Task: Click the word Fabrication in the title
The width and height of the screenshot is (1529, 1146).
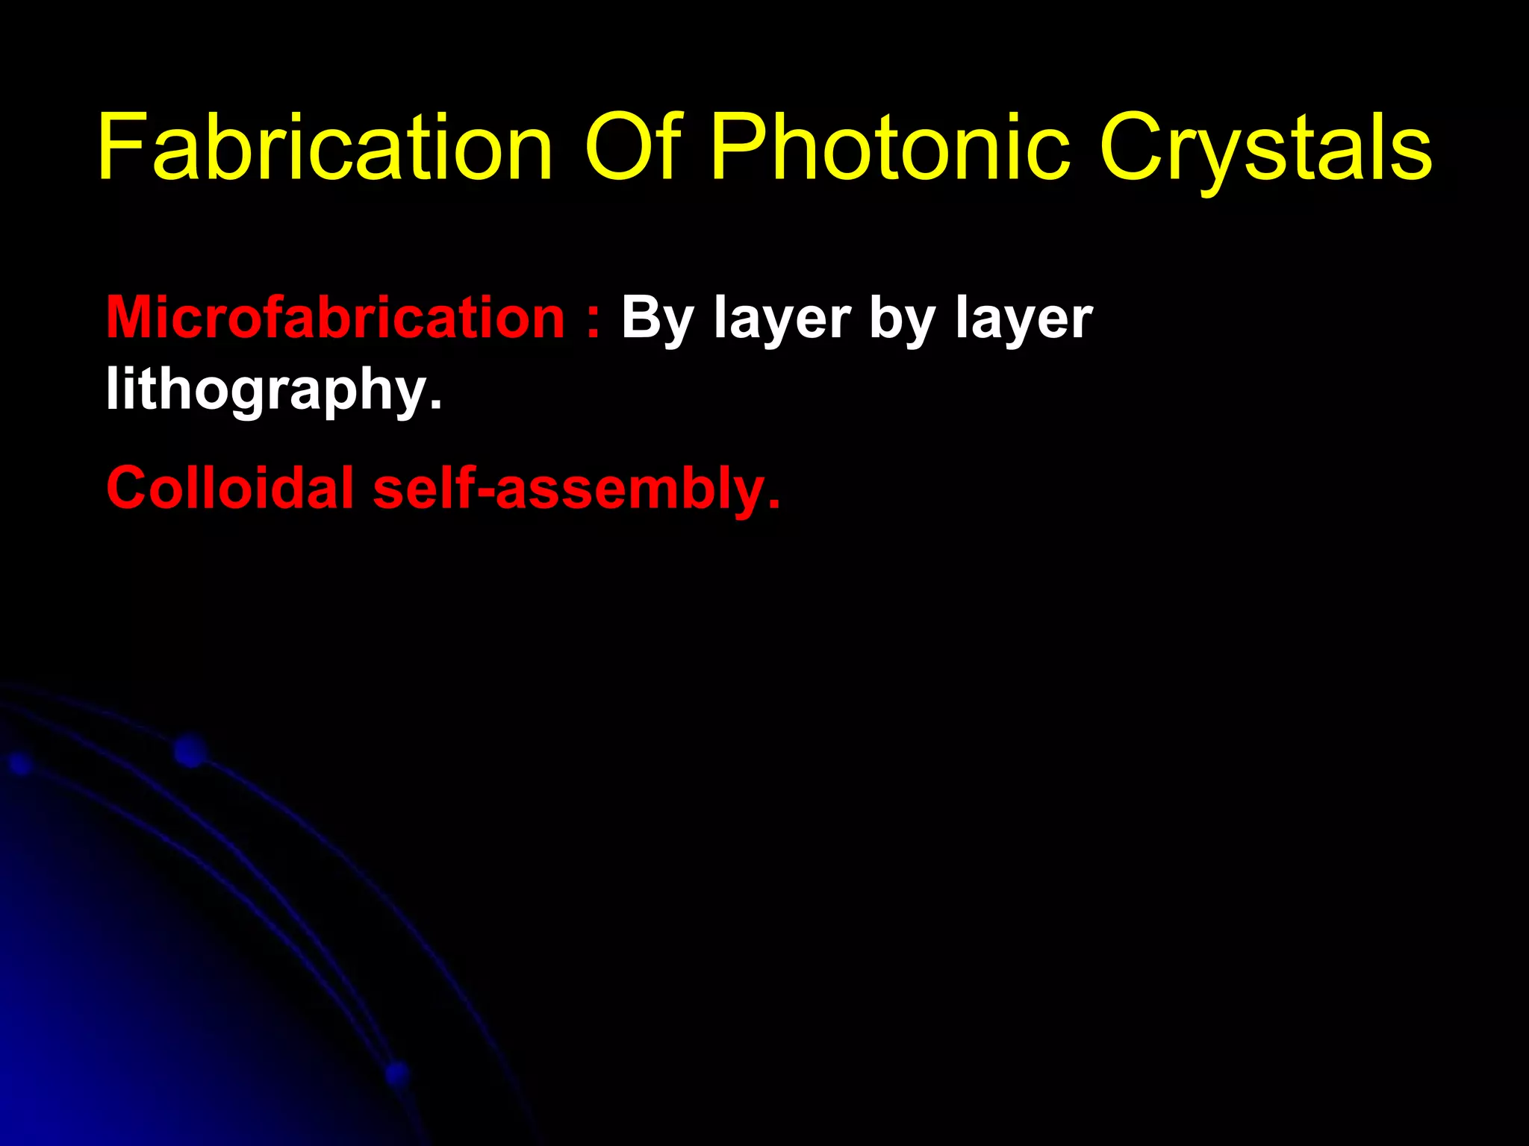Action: (x=325, y=147)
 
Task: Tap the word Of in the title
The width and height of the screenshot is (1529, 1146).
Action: (x=632, y=147)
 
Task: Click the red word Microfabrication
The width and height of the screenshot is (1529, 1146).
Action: (x=335, y=318)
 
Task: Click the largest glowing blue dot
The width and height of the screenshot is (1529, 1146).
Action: (x=190, y=751)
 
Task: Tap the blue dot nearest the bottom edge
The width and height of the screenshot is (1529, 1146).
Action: (x=397, y=1074)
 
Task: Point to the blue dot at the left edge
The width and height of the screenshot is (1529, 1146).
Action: (x=20, y=764)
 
